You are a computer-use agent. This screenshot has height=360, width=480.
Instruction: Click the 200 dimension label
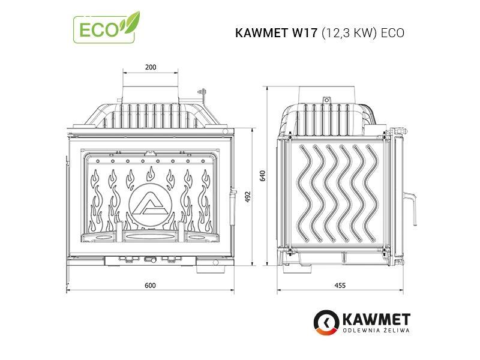151,67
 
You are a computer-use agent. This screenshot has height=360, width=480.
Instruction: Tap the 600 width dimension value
150,286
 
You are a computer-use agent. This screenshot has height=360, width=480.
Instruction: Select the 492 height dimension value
248,197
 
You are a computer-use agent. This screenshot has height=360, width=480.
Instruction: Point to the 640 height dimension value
262,176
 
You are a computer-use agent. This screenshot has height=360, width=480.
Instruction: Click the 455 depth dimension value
340,286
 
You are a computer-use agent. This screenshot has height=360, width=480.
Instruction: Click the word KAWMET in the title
262,33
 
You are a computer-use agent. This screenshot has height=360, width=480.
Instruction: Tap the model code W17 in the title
304,33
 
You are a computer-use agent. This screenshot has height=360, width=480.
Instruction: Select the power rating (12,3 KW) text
349,33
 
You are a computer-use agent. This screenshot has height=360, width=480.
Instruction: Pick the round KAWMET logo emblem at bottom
326,322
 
